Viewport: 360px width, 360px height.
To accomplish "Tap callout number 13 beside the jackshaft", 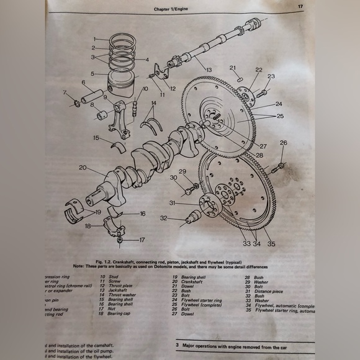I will (x=209, y=70).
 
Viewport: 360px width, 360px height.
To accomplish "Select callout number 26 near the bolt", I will (x=283, y=143).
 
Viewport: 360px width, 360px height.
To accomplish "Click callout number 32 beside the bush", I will (x=163, y=218).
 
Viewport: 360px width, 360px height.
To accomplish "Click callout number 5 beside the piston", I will (x=91, y=73).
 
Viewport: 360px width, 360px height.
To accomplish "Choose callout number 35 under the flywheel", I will (x=271, y=244).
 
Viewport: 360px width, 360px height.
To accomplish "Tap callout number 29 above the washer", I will (x=182, y=171).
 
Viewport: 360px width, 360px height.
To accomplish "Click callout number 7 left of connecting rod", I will (x=64, y=93).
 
